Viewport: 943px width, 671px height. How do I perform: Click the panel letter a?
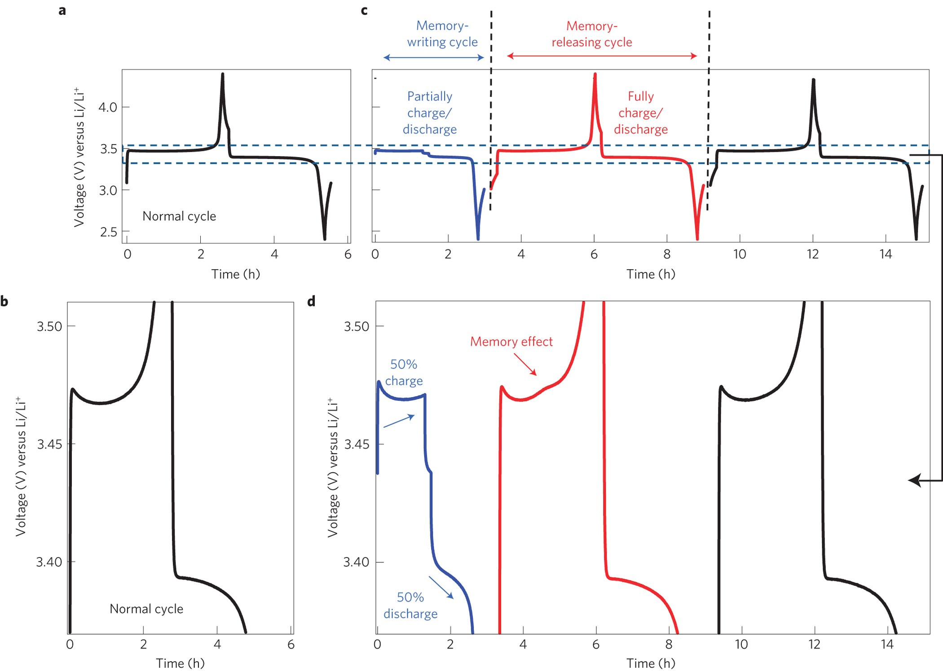pos(62,10)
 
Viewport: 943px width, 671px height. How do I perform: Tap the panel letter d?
pos(311,301)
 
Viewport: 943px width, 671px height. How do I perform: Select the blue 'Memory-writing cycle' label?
pos(442,34)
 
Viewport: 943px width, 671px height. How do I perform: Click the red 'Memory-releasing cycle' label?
pos(591,34)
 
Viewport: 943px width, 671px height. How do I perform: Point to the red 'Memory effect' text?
pos(511,342)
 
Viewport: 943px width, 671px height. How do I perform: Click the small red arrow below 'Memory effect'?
pos(525,364)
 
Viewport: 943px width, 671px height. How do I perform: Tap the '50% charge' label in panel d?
pos(404,372)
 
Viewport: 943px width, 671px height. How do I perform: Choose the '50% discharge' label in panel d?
pos(410,605)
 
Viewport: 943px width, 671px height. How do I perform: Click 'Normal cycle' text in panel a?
pos(179,216)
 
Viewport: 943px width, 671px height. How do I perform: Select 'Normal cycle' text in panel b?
pos(146,609)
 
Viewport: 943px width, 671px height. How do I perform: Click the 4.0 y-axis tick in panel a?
pos(108,107)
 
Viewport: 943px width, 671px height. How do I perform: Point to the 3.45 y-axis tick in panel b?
pos(49,444)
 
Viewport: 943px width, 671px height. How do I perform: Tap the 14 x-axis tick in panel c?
pos(885,254)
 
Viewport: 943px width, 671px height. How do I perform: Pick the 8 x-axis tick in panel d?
pos(668,645)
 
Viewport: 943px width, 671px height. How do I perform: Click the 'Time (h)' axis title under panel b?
pos(180,663)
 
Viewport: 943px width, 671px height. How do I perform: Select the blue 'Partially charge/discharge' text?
pos(429,113)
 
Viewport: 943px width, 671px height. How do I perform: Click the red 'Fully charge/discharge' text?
pos(640,113)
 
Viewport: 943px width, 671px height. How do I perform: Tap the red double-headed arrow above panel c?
pos(602,56)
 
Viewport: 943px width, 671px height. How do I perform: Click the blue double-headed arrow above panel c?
pos(433,57)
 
